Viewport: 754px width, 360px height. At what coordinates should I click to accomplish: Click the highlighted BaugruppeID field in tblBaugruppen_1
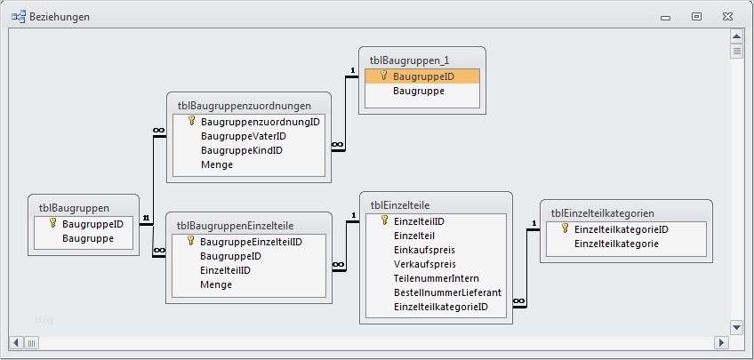coord(423,76)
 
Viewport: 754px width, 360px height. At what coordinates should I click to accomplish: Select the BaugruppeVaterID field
coord(243,136)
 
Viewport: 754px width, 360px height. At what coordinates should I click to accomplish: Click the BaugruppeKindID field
coord(241,150)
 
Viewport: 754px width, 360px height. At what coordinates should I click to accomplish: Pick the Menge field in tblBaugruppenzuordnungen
coord(216,164)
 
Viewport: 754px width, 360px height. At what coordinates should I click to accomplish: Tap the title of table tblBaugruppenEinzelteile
coord(236,226)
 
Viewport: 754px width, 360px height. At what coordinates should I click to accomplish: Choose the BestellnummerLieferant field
coord(447,292)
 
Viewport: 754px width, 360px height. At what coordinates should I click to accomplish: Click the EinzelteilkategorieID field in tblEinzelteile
coord(440,307)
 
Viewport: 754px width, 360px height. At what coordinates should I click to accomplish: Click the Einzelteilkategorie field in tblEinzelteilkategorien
coord(616,244)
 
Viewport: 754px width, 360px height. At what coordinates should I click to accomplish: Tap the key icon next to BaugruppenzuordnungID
coord(191,121)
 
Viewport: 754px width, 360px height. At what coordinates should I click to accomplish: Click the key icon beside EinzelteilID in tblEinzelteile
coord(384,220)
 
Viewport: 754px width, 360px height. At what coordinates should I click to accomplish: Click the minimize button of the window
coord(667,16)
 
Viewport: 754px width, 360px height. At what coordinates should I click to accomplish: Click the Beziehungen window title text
coord(60,17)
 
